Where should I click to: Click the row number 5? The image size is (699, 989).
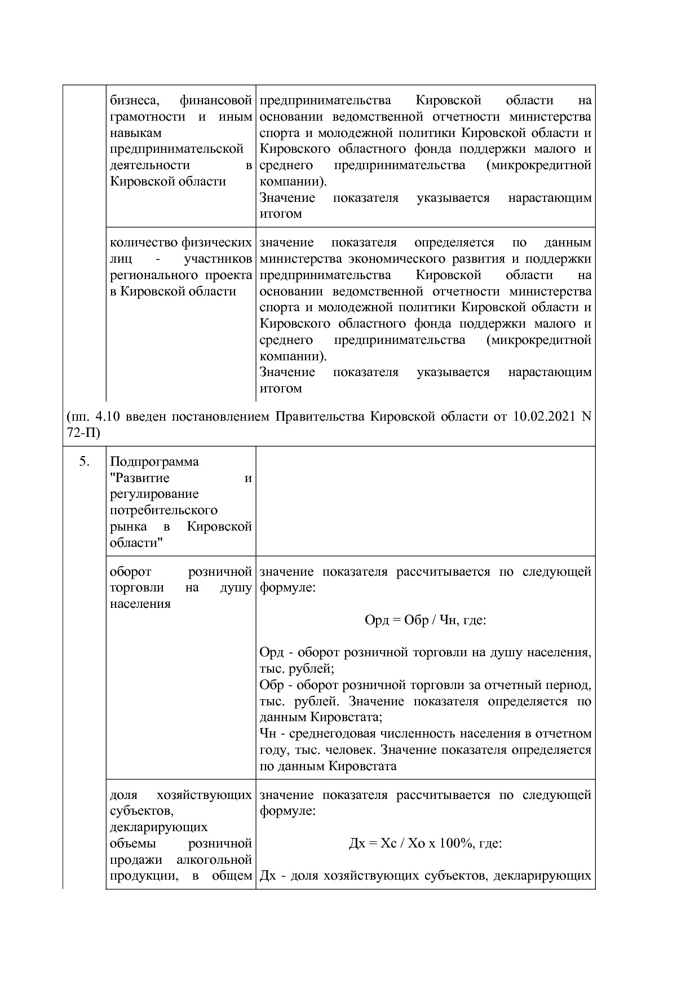[x=85, y=462]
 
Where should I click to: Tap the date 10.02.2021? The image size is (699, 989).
[x=545, y=417]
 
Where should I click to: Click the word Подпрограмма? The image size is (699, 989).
[x=154, y=462]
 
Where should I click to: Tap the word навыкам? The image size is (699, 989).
[x=136, y=133]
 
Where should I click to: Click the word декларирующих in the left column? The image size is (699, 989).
[x=158, y=827]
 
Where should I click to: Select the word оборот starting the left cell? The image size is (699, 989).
[x=130, y=572]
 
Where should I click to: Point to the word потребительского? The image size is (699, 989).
[x=163, y=510]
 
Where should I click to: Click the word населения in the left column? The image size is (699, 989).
[x=140, y=604]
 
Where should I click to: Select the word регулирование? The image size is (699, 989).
[x=154, y=494]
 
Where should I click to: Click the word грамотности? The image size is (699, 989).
[x=148, y=117]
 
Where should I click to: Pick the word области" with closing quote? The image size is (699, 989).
[x=136, y=542]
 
